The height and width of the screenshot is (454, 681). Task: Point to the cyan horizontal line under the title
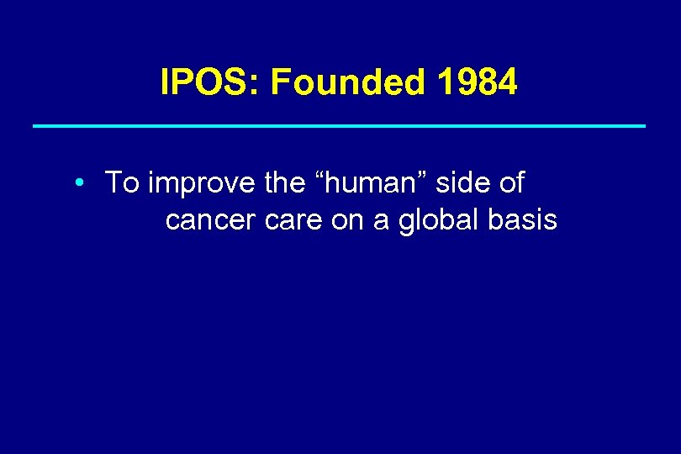[339, 126]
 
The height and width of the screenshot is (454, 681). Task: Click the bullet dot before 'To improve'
[77, 183]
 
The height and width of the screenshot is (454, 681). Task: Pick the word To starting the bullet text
[122, 182]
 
